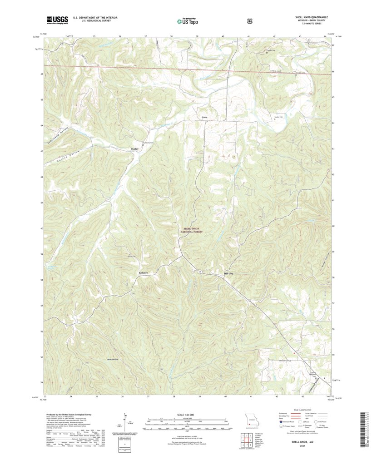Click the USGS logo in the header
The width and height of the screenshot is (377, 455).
[x=57, y=20]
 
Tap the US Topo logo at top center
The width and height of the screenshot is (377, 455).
[x=188, y=20]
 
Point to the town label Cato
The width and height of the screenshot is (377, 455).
[x=204, y=117]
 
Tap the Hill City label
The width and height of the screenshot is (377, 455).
[x=228, y=274]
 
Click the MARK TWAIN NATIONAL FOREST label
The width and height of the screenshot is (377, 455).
[x=191, y=231]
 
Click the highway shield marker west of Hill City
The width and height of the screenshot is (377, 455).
[x=199, y=272]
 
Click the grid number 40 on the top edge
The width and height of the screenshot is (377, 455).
[x=223, y=35]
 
